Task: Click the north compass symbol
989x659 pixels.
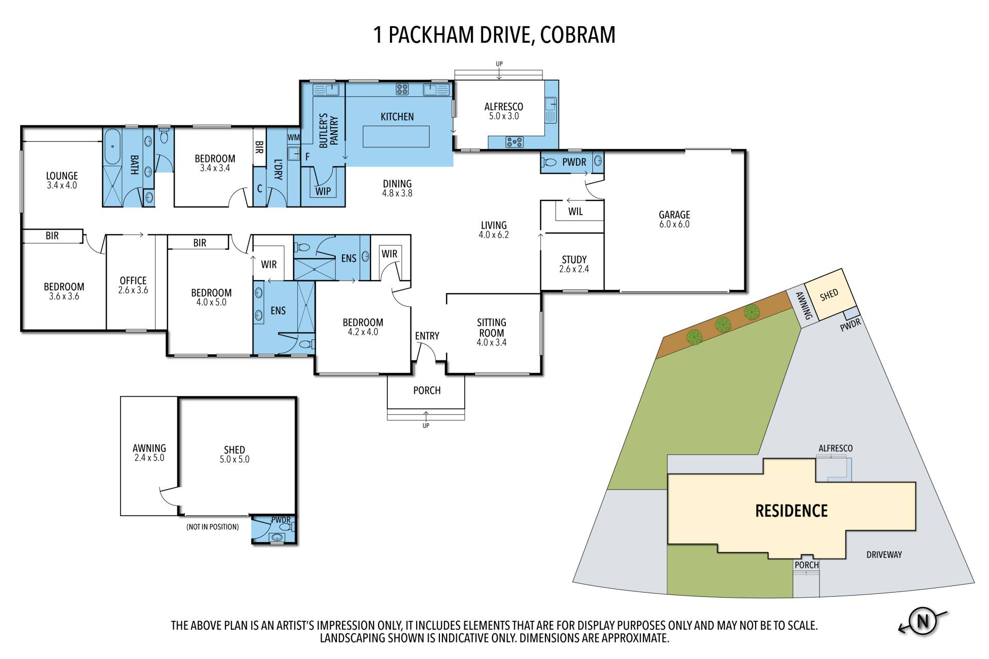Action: [923, 621]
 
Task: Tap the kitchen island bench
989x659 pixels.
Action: [396, 136]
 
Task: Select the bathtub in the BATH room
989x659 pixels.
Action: [112, 146]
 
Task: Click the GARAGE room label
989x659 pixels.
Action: [674, 219]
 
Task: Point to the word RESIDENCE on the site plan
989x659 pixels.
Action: [791, 511]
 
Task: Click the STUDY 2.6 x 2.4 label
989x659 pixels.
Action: [574, 264]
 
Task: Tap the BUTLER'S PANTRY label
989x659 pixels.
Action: [329, 130]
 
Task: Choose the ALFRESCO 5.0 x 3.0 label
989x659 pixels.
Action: [504, 111]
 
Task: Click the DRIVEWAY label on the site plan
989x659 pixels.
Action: [884, 554]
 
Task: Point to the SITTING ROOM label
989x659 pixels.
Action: [491, 333]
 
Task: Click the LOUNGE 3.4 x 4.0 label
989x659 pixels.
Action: [62, 180]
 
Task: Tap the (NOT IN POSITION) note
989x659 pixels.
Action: [213, 527]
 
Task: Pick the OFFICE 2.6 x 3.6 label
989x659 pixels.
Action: [133, 285]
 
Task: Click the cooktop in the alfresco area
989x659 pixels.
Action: [514, 142]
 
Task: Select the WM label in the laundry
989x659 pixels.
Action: [294, 137]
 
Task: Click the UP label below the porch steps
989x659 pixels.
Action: [426, 426]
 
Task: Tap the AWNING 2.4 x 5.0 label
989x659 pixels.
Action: [149, 453]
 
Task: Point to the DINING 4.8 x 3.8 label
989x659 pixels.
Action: [397, 188]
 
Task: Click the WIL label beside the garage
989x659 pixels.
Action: [575, 212]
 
